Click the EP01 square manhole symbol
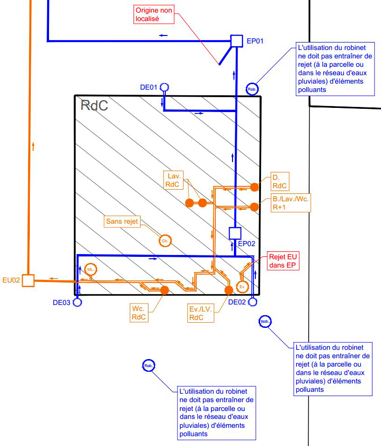click(x=237, y=41)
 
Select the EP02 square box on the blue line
click(x=235, y=233)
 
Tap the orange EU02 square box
click(x=28, y=281)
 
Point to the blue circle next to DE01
click(x=164, y=87)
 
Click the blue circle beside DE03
click(x=78, y=302)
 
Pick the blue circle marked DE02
click(x=253, y=302)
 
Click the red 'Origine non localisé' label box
click(x=154, y=14)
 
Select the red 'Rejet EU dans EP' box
click(x=283, y=261)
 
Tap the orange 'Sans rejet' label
click(x=122, y=221)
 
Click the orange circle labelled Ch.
click(x=165, y=241)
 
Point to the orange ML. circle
click(x=91, y=269)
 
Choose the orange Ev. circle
click(x=242, y=287)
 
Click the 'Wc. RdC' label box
click(x=139, y=313)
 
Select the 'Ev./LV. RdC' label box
click(x=201, y=313)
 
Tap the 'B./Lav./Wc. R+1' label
click(x=290, y=203)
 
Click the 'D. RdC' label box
click(x=280, y=182)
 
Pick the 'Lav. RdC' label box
click(x=173, y=180)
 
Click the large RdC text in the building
click(x=94, y=105)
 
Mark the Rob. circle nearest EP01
click(x=252, y=89)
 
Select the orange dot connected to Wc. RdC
click(x=164, y=290)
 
